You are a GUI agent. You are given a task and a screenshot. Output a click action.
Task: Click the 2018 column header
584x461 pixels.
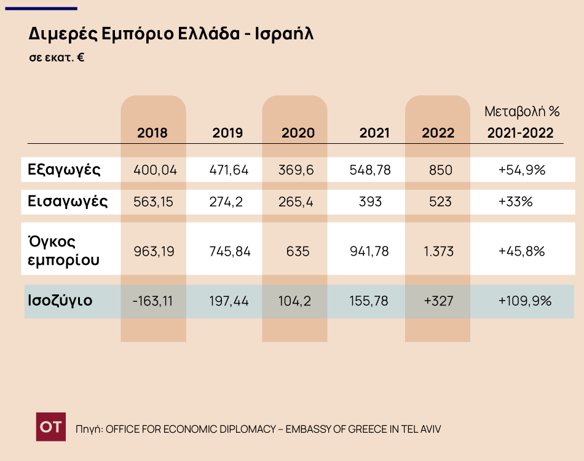click(x=152, y=133)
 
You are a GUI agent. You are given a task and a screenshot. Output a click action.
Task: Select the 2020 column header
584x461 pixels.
click(x=298, y=133)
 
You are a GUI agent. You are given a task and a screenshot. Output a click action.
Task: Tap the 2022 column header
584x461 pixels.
click(x=438, y=133)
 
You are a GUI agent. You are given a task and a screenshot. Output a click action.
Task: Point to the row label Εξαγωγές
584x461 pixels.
click(x=64, y=170)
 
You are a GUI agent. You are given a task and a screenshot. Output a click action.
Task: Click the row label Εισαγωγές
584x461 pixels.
click(x=68, y=202)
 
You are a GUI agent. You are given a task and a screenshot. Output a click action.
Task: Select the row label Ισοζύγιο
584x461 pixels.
click(x=60, y=301)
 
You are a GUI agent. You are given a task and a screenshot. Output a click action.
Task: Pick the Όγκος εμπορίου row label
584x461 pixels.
click(x=63, y=250)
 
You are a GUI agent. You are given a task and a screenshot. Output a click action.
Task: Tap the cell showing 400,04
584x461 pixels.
click(x=155, y=170)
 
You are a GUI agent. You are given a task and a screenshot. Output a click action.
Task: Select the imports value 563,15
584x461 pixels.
click(x=155, y=202)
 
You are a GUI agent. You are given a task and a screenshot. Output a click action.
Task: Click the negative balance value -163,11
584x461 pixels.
click(x=153, y=301)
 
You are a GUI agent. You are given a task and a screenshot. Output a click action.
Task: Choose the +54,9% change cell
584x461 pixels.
click(x=522, y=170)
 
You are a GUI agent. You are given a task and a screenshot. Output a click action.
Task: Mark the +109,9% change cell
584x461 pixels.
click(x=524, y=301)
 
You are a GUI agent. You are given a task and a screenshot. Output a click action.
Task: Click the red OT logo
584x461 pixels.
click(x=50, y=427)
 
